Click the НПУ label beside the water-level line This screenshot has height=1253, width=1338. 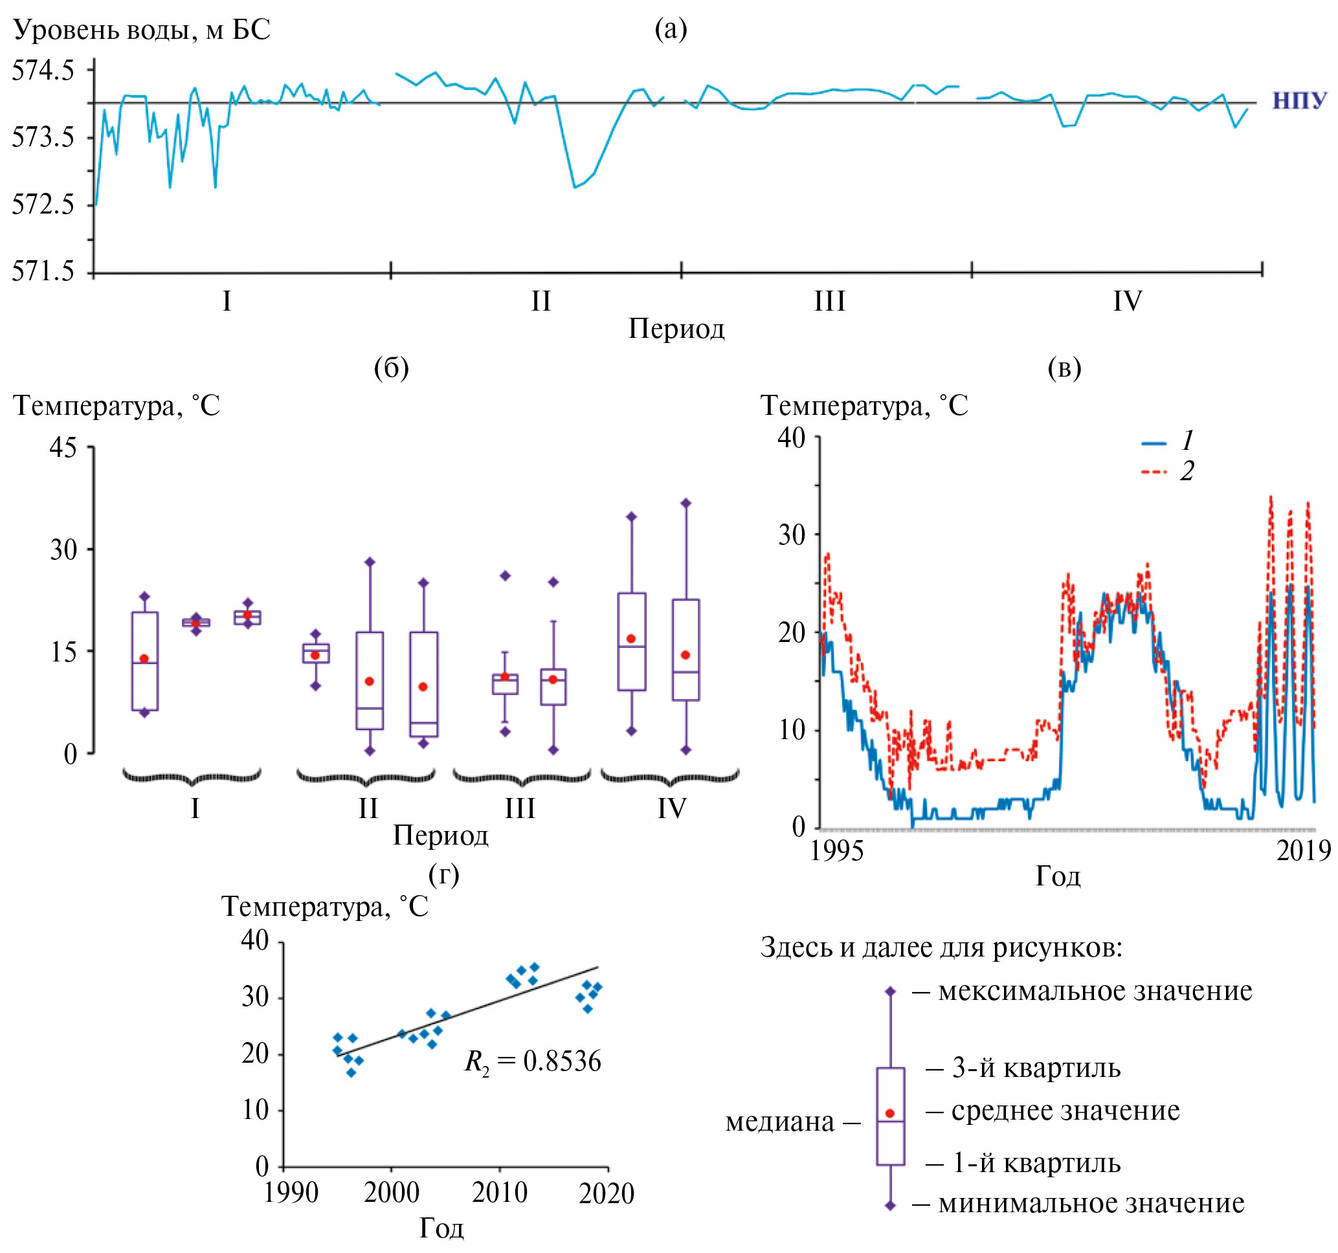tap(1299, 101)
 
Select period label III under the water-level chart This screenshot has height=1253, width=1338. tap(829, 301)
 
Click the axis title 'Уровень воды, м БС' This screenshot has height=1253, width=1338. tap(141, 30)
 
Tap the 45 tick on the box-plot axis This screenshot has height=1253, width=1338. tap(63, 447)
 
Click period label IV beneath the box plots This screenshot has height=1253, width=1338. tap(671, 808)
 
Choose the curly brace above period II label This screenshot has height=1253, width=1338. tap(366, 778)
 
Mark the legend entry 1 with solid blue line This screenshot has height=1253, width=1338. tap(1168, 441)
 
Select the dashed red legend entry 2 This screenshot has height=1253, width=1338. tap(1168, 471)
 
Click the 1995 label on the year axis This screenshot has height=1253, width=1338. tap(836, 851)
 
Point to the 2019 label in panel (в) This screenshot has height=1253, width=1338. tap(1304, 851)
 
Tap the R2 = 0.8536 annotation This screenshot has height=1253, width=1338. tap(532, 1062)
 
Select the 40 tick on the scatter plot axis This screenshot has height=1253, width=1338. tap(256, 941)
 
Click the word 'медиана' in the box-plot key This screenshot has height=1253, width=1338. tap(779, 1122)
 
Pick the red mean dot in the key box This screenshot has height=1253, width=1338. tap(890, 1114)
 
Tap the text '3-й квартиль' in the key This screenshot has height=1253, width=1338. tap(1036, 1068)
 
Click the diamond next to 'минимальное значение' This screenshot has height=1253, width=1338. tap(890, 1205)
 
